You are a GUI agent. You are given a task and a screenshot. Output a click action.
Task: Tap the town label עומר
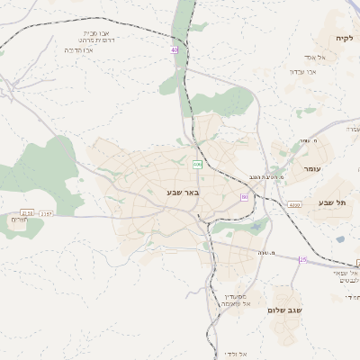(x=313, y=168)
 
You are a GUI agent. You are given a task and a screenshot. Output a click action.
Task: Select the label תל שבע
(x=331, y=202)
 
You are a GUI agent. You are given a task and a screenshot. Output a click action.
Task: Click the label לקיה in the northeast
(x=346, y=39)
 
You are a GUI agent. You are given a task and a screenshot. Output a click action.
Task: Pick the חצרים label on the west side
(x=18, y=220)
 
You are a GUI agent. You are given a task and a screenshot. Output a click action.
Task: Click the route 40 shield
(x=174, y=50)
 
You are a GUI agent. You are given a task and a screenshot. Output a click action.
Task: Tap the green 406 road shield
(x=197, y=164)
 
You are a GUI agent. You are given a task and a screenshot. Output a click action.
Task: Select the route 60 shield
(x=244, y=196)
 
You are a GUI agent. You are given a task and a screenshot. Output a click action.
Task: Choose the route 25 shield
(x=303, y=259)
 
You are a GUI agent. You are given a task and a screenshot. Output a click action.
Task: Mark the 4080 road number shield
(x=294, y=205)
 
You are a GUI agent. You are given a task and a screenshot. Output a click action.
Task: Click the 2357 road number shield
(x=47, y=213)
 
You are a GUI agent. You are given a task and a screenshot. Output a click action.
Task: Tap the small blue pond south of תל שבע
(x=340, y=239)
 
